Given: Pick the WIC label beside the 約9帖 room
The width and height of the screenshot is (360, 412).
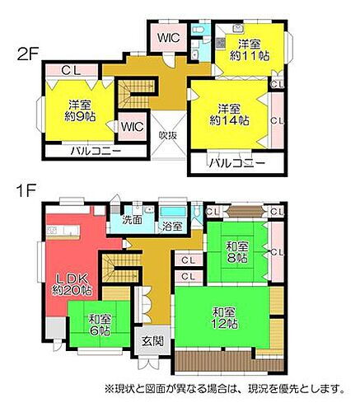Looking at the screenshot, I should click(x=132, y=127).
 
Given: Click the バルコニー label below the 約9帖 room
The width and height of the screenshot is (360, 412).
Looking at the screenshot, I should click(x=95, y=152).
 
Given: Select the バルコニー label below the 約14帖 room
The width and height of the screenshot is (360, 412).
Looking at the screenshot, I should click(x=236, y=162).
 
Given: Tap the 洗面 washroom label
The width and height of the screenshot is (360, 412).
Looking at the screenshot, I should click(x=133, y=220).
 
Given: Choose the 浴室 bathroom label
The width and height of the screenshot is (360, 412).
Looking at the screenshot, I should click(x=172, y=225).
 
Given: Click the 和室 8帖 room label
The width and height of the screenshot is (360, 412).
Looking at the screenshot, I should click(x=238, y=251).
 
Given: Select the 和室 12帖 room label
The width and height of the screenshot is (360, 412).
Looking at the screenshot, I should click(x=225, y=317).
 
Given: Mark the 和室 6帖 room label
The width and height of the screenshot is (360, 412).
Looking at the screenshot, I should click(x=100, y=324).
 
